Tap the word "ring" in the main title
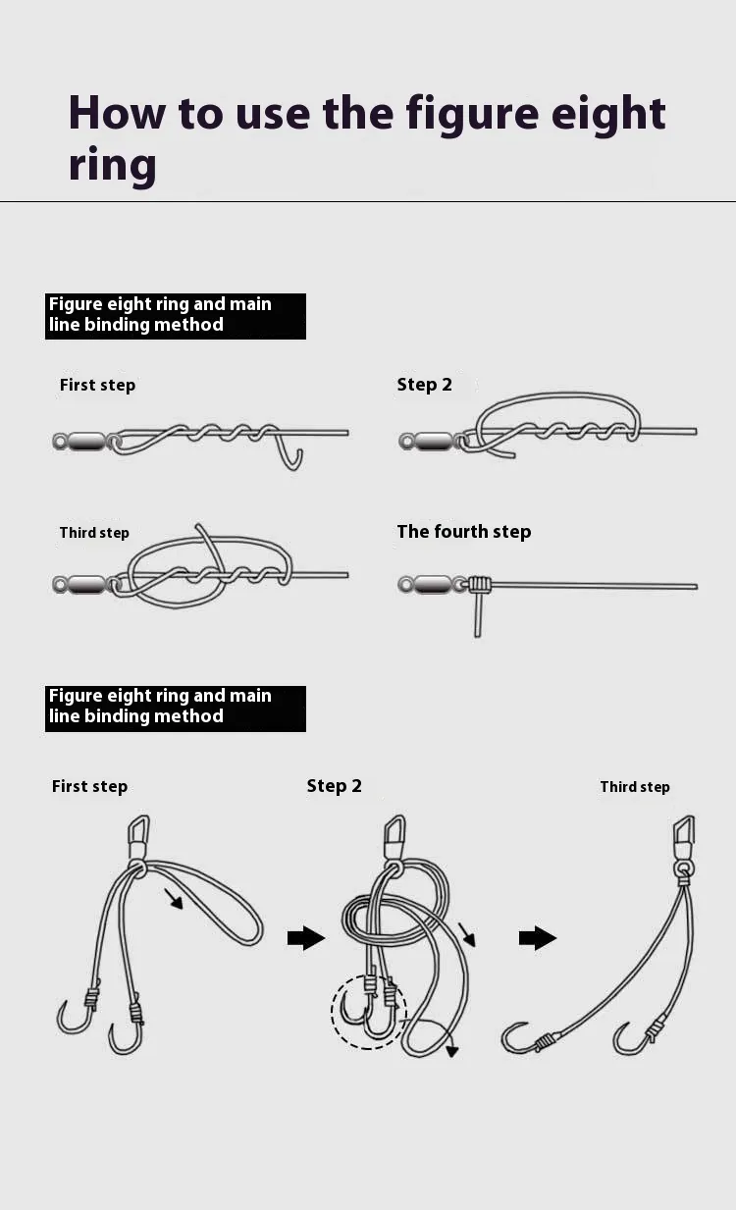click(112, 165)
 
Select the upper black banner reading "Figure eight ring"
click(176, 317)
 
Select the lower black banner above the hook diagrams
click(176, 709)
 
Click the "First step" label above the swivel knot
click(98, 385)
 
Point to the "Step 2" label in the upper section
click(425, 385)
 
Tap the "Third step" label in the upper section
click(94, 533)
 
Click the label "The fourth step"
click(464, 532)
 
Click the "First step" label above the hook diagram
click(89, 786)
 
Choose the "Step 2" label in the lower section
click(335, 786)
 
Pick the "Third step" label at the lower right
click(635, 787)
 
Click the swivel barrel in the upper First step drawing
click(86, 442)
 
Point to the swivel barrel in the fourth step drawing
click(432, 585)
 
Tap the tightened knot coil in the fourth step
click(479, 585)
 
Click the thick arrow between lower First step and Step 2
click(306, 938)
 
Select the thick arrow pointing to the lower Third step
click(538, 938)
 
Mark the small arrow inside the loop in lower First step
click(174, 899)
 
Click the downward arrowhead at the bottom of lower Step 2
click(452, 1051)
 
